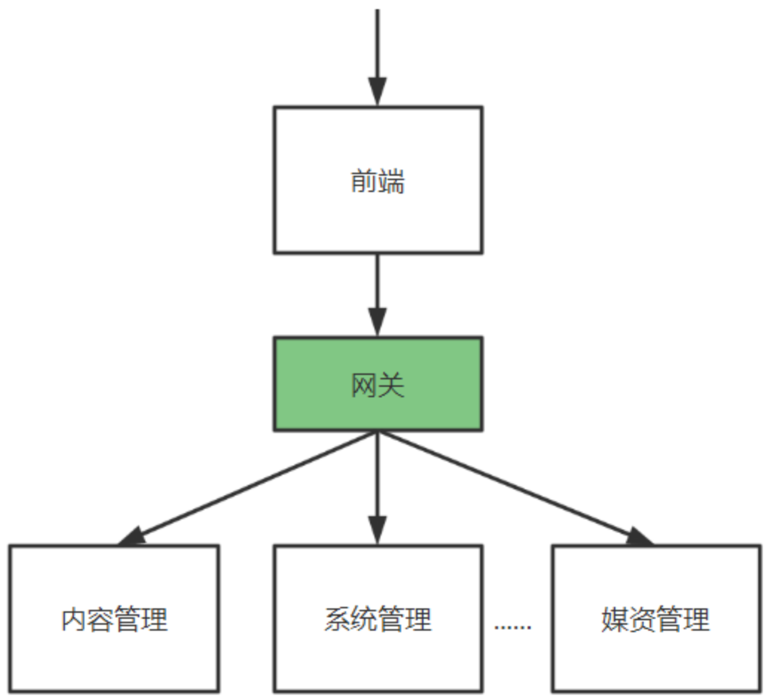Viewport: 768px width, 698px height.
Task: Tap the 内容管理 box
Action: (114, 657)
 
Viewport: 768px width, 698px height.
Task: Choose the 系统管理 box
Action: (378, 657)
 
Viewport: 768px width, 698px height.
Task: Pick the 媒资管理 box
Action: (656, 657)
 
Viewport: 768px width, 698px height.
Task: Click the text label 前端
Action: (378, 182)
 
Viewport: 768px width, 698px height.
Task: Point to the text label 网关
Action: (378, 385)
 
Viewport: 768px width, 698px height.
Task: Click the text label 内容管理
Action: (114, 620)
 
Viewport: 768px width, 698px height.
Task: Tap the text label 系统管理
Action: (378, 620)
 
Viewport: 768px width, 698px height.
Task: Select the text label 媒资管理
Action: (656, 620)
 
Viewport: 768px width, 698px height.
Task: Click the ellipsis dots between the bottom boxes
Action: (513, 627)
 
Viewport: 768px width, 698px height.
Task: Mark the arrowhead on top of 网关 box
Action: (377, 322)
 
